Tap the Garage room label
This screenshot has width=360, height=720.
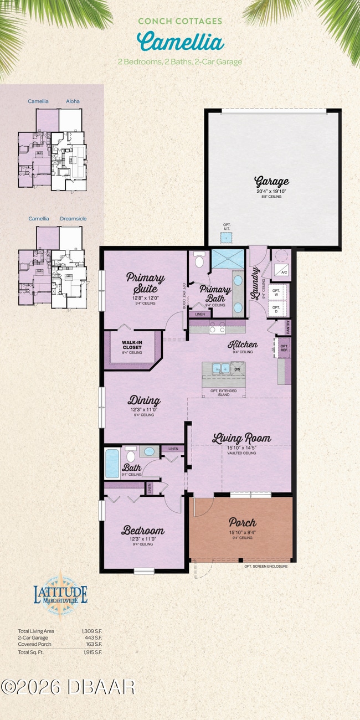(x=271, y=181)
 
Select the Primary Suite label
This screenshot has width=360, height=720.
(x=145, y=282)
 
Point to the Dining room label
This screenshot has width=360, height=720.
(x=145, y=400)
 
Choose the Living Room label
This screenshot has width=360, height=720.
(x=241, y=438)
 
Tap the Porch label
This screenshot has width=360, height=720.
(x=242, y=522)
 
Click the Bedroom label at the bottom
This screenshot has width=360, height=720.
(x=143, y=531)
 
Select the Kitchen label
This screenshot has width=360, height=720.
(x=243, y=344)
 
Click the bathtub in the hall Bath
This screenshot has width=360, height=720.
(x=112, y=463)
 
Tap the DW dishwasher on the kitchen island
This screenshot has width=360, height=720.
(x=237, y=368)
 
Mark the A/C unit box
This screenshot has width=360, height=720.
(x=283, y=271)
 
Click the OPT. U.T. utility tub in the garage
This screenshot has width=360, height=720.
(x=226, y=236)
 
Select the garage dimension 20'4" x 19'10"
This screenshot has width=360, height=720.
(x=271, y=191)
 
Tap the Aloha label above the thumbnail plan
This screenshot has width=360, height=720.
(x=73, y=101)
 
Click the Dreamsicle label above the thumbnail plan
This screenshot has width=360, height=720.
(x=73, y=219)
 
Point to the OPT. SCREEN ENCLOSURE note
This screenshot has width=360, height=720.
(x=265, y=567)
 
